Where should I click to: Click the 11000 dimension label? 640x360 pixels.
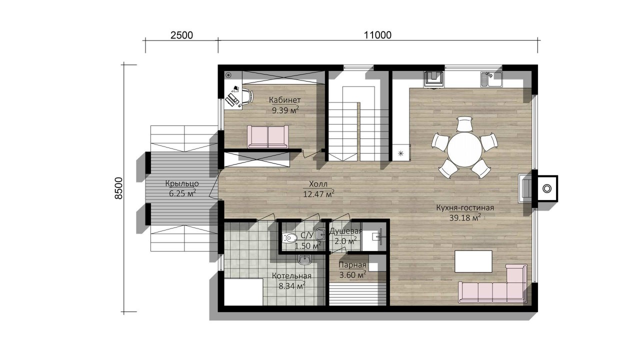coord(377,35)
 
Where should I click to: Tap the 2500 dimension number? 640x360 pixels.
coord(181,35)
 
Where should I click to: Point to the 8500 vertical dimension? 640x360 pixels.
coord(118,188)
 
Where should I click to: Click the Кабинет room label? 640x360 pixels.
coord(284,100)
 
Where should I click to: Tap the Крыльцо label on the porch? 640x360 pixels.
coord(182,183)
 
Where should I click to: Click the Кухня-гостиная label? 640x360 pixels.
coord(465,207)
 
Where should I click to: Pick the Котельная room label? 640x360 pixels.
coord(291,275)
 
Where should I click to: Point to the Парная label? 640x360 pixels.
coord(352,265)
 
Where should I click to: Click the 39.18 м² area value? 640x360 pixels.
coord(465,217)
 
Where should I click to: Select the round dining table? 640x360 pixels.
coord(464,149)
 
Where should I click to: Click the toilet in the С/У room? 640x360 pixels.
coord(289,237)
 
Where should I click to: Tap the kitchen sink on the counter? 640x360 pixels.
coord(491,79)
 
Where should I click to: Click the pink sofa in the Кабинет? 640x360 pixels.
coord(267,137)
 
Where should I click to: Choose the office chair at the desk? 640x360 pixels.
coord(248,95)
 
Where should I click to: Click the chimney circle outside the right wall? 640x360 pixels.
coord(547,189)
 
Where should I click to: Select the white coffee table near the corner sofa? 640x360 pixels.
coord(473,261)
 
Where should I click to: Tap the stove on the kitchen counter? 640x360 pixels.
coord(433,79)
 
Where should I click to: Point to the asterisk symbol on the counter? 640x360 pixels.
coord(400,153)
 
